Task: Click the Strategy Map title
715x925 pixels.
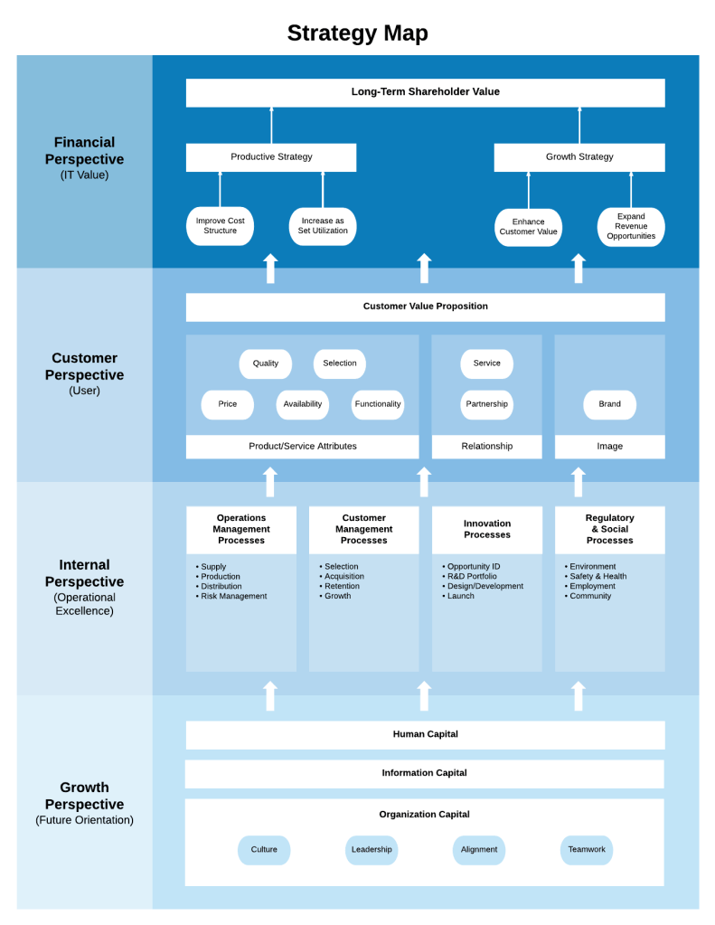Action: (x=357, y=33)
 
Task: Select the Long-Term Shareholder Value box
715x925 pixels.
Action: (x=425, y=92)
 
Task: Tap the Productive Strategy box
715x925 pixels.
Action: (x=271, y=157)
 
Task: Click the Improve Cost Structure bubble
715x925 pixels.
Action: (x=220, y=226)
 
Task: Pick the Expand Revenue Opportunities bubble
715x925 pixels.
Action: (x=631, y=227)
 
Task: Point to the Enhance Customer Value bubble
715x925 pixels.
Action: (x=528, y=227)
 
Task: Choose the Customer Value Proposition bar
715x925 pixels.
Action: (x=425, y=307)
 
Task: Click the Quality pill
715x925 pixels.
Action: (x=266, y=363)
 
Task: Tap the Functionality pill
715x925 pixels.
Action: (x=378, y=404)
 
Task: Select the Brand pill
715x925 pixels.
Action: (x=609, y=404)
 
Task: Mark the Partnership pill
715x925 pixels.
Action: (x=486, y=404)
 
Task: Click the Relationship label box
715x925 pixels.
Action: (x=486, y=447)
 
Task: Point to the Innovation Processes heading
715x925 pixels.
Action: (x=487, y=529)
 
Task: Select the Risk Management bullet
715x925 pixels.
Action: (x=234, y=597)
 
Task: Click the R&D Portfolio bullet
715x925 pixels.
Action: (x=472, y=577)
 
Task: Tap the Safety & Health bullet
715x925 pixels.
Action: (x=597, y=577)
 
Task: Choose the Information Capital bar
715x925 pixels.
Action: (x=425, y=773)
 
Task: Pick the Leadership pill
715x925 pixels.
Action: (x=372, y=850)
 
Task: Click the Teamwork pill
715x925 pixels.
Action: (x=587, y=850)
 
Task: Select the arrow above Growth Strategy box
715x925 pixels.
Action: (x=579, y=125)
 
